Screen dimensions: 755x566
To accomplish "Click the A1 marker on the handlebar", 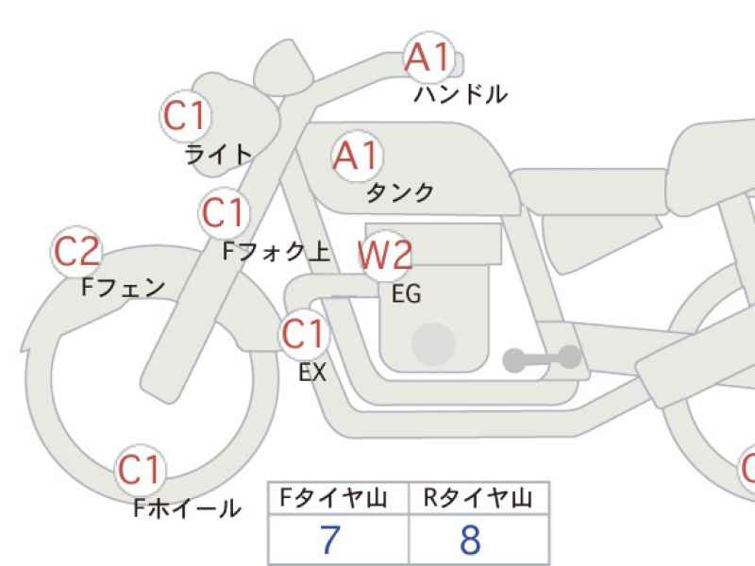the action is coord(429,58).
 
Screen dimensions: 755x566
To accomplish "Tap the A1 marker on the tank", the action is coord(357,156).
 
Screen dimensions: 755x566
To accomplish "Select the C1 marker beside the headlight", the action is coord(185,116).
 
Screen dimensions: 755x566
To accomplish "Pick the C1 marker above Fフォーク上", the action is coord(224,213).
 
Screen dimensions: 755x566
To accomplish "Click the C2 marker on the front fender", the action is coord(76,251).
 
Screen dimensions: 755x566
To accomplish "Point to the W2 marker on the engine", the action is coord(385,255).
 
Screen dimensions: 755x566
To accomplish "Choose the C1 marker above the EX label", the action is coord(304,334).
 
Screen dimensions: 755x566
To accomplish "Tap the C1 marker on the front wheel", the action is coord(140,470).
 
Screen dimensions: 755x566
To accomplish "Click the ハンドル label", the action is coord(461,94).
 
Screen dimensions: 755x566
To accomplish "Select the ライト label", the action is coord(219,155).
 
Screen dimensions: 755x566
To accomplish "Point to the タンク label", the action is coord(400,193).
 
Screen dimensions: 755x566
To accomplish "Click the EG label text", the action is coord(407,293).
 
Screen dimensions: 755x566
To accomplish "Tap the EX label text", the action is coord(312,372).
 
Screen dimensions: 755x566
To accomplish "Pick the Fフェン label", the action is coord(124,288).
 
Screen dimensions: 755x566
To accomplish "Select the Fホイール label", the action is coord(187,508).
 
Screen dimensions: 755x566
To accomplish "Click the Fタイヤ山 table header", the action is coord(334,498).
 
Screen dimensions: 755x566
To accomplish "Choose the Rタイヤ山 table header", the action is coord(478,498).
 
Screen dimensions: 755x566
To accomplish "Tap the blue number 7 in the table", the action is coord(330,540).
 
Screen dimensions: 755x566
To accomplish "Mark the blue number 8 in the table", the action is coord(470,540).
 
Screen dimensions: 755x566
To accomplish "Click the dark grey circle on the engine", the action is coord(434,344).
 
